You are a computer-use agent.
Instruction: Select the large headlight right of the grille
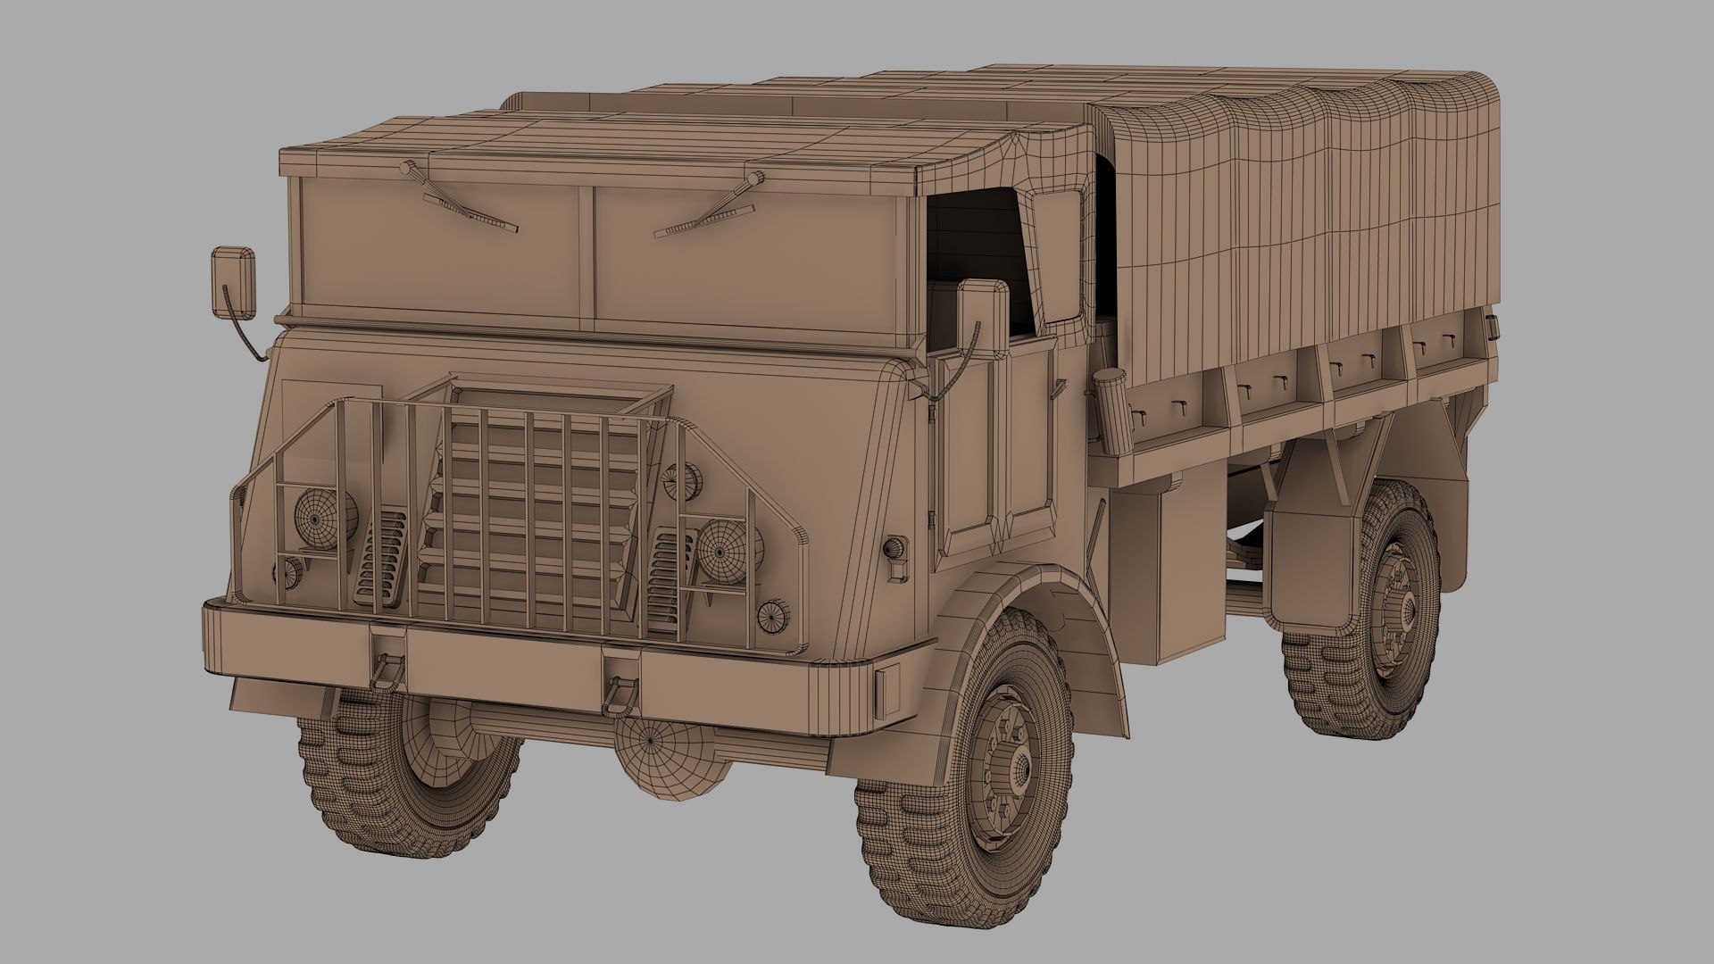723,552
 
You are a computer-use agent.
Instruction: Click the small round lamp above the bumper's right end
772,615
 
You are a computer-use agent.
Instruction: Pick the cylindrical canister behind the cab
1112,411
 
